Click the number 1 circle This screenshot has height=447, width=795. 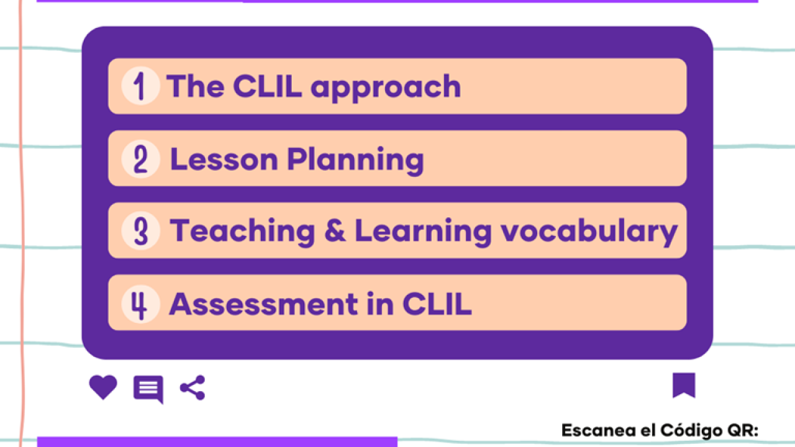tap(140, 86)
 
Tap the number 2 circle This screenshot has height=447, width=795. tap(140, 158)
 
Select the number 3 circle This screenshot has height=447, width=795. tap(140, 231)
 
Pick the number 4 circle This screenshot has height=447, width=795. tap(140, 304)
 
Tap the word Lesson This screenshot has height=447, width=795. tap(224, 160)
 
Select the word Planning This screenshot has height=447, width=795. tap(356, 161)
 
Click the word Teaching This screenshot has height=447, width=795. tap(242, 232)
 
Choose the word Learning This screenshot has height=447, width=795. tap(424, 232)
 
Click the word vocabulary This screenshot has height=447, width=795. tap(589, 232)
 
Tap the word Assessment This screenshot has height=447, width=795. tap(264, 304)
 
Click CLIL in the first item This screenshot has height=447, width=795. tap(268, 86)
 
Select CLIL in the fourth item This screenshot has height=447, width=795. tap(437, 304)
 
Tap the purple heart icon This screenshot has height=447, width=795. tap(103, 387)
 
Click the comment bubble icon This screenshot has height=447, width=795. tap(148, 389)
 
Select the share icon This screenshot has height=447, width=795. tap(193, 387)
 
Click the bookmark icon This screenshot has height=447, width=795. tap(684, 386)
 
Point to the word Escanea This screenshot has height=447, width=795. tap(599, 430)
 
